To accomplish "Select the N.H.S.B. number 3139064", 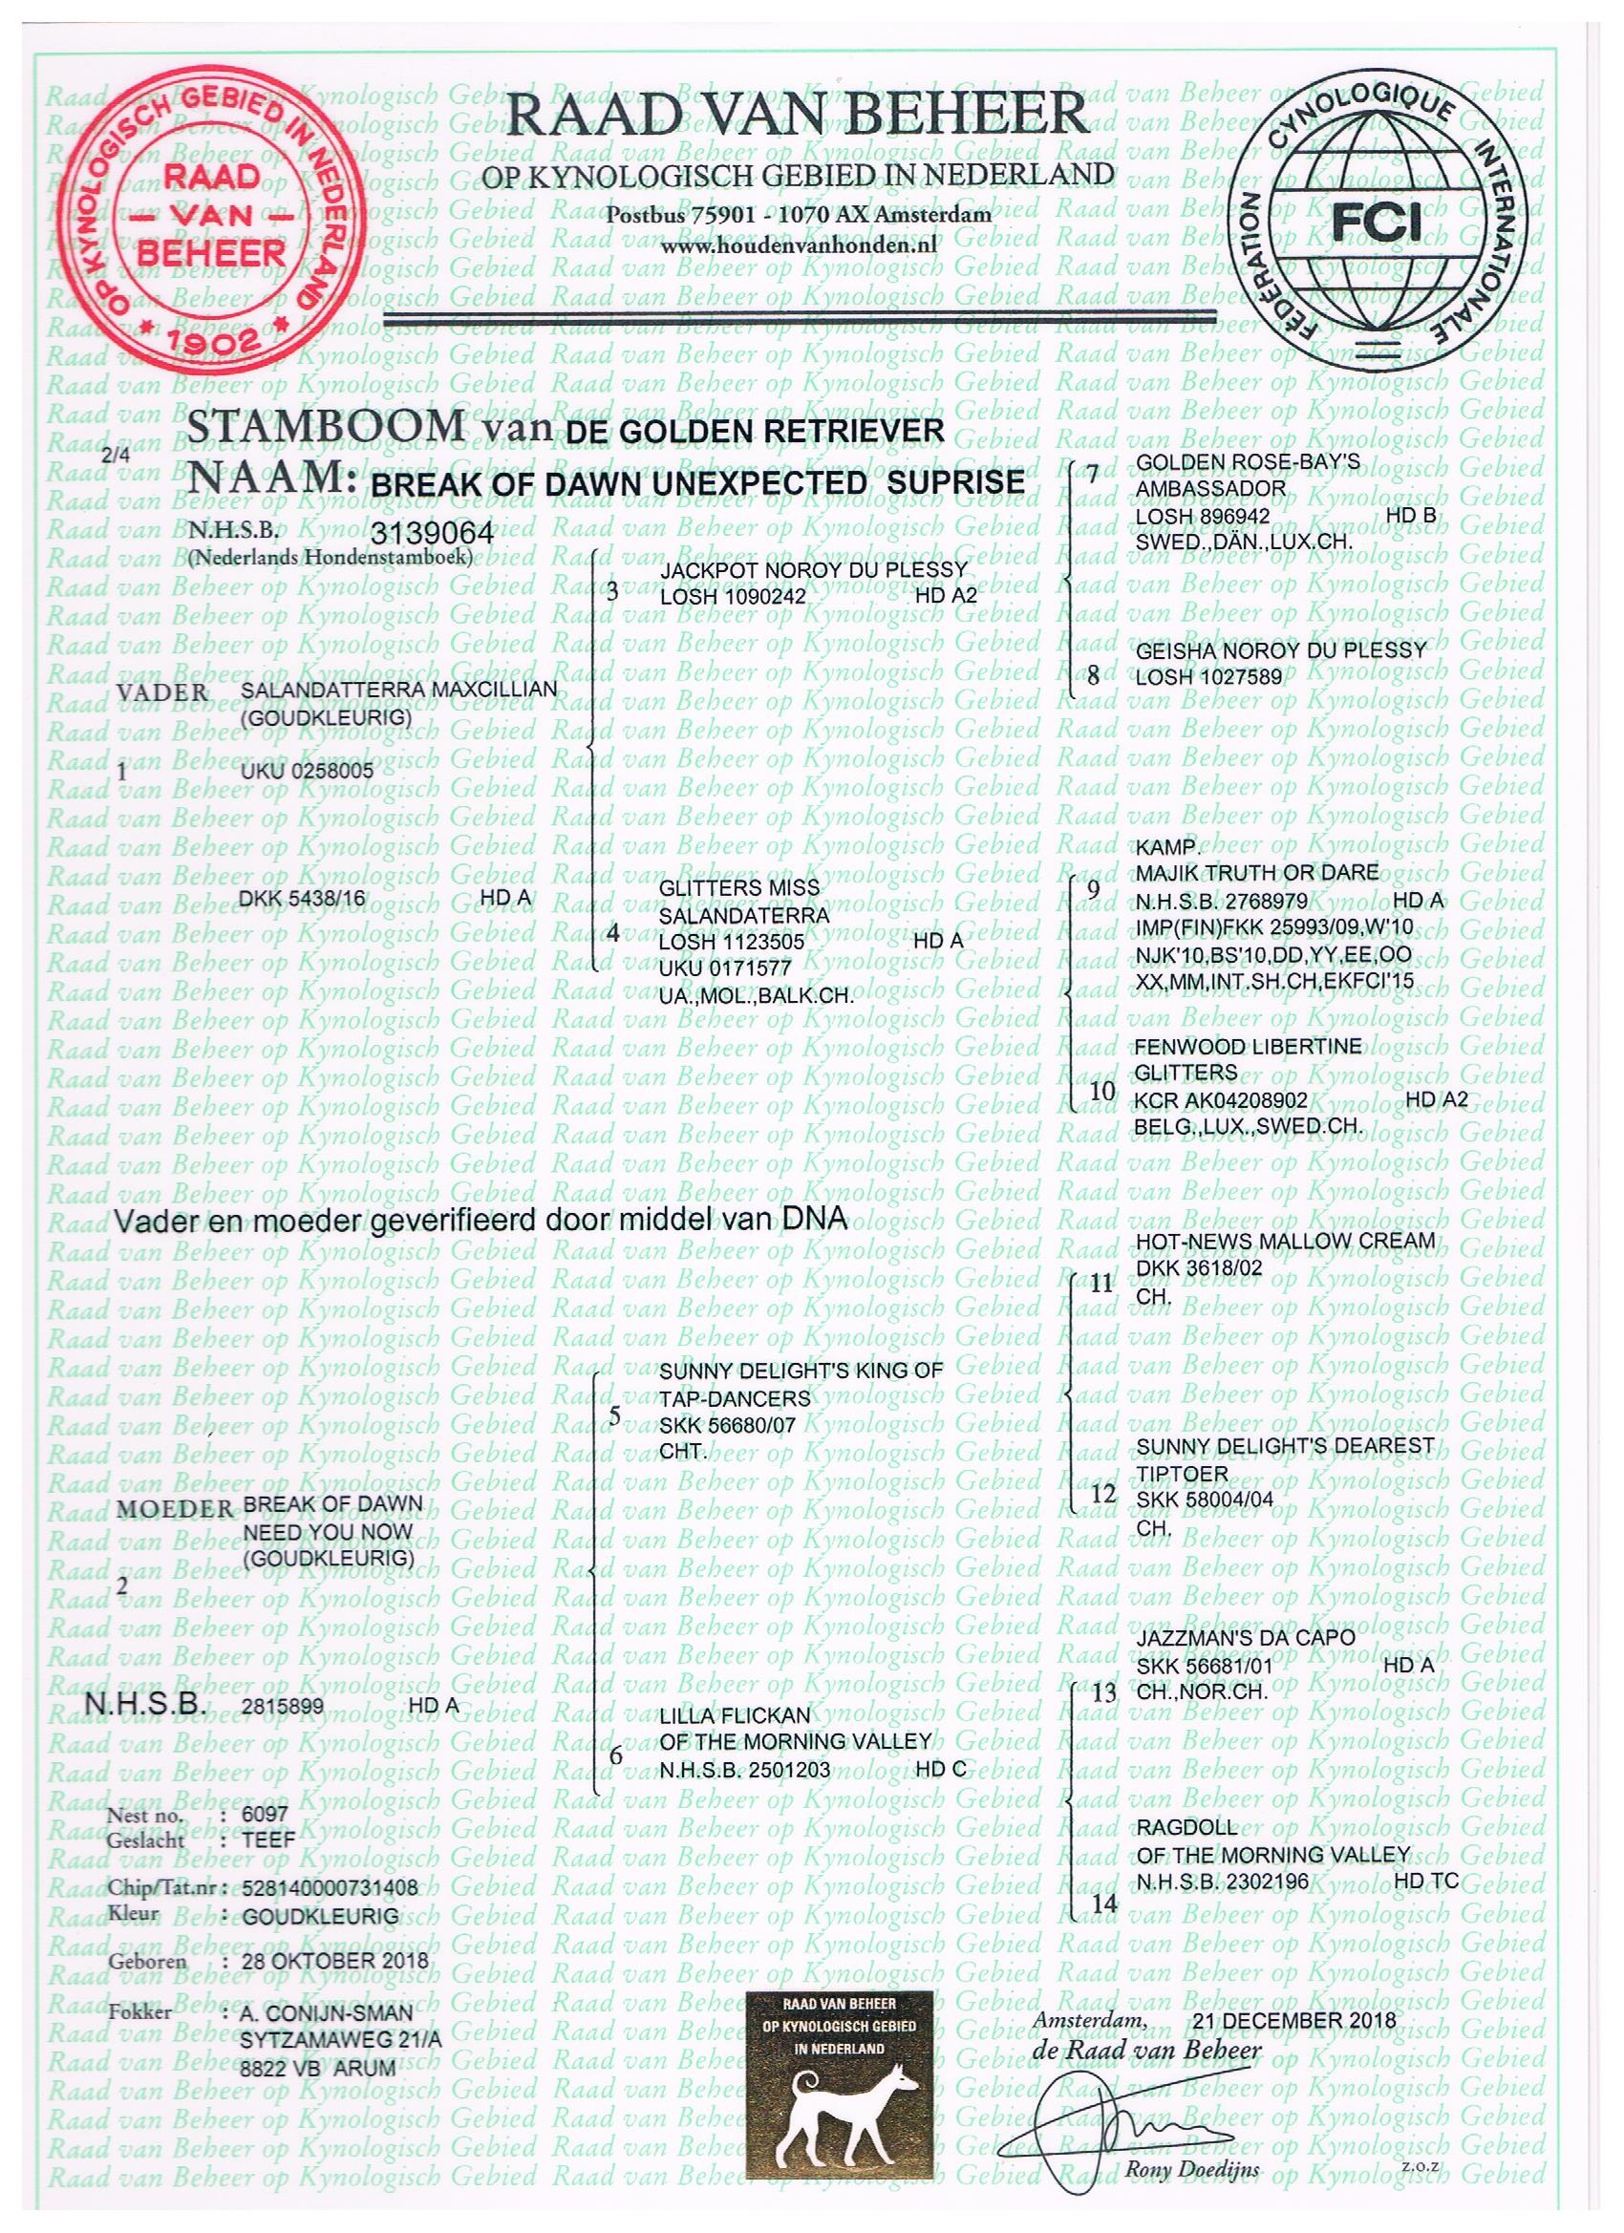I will (432, 533).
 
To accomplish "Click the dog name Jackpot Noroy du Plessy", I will (813, 570).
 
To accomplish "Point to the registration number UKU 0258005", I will (308, 771).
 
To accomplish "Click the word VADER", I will (162, 692).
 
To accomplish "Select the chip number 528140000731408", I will (329, 1888).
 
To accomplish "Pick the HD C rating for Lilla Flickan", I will (941, 1769).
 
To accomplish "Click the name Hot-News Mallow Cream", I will (1285, 1242).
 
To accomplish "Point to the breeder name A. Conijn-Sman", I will (326, 2013).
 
